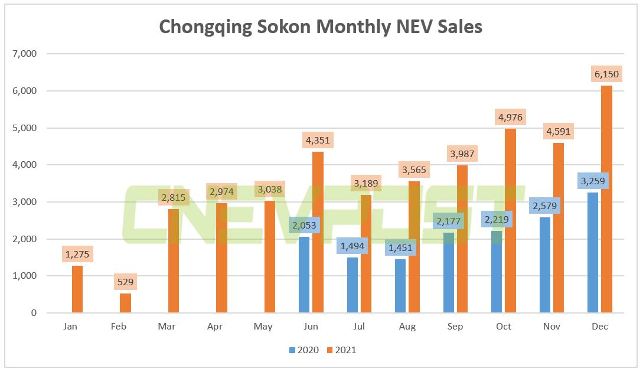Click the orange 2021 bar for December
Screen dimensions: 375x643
[x=606, y=201]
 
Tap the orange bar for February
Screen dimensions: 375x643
[x=125, y=303]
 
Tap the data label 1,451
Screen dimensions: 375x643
[x=400, y=248]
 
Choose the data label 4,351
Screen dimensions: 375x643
[x=318, y=141]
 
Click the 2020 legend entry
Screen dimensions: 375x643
[x=304, y=350]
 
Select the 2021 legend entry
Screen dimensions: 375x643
[x=341, y=350]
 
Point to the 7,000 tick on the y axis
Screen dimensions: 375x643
[x=24, y=54]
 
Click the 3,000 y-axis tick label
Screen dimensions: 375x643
[x=24, y=202]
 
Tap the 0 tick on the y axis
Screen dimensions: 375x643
[x=34, y=313]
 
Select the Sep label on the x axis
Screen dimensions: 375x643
[x=455, y=327]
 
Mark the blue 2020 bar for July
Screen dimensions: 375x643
[x=352, y=285]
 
